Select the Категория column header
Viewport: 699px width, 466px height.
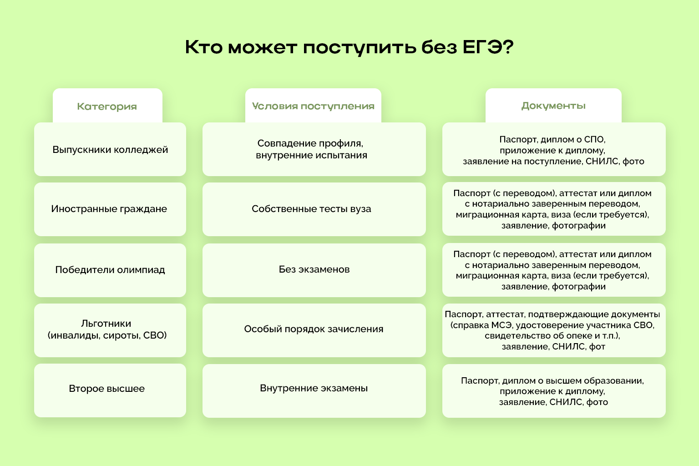click(x=107, y=106)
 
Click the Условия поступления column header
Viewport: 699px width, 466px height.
click(x=313, y=106)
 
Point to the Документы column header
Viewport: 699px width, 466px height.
click(x=553, y=106)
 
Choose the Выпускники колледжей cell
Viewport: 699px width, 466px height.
click(x=110, y=150)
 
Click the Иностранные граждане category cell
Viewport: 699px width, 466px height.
click(x=110, y=209)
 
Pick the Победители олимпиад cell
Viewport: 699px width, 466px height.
click(x=110, y=270)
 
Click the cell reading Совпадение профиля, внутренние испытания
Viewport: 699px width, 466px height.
click(x=314, y=149)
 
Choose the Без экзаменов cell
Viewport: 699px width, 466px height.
click(x=314, y=269)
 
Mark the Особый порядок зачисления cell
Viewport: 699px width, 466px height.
click(x=314, y=329)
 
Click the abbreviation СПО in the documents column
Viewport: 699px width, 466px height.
click(x=594, y=140)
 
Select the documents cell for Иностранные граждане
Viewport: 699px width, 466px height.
click(x=553, y=209)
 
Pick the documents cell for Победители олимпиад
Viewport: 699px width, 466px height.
click(x=553, y=270)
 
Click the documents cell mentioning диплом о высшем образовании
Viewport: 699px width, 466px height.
click(x=553, y=391)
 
